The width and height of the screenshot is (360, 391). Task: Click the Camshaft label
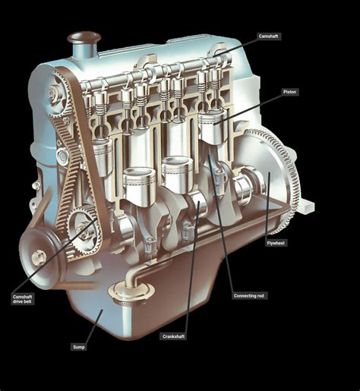[x=268, y=36]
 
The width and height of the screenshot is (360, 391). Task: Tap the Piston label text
[x=289, y=91]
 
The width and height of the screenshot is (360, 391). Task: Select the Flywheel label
[x=276, y=242]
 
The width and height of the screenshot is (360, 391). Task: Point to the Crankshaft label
[x=173, y=336]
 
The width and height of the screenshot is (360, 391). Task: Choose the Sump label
[x=79, y=347]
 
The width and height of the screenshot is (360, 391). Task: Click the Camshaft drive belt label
[x=23, y=299]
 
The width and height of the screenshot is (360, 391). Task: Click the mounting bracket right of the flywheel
[x=304, y=203]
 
